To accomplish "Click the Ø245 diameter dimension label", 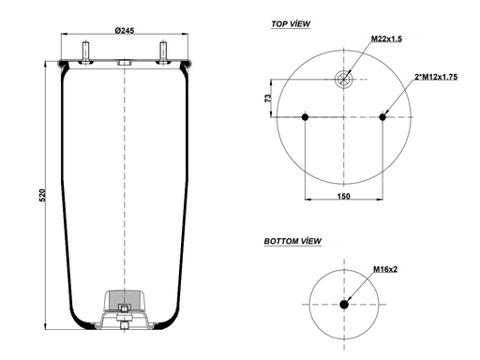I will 125,30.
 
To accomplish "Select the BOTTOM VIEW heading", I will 292,241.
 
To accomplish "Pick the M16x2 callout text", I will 385,269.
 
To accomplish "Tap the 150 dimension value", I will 345,196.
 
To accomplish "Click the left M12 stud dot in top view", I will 307,116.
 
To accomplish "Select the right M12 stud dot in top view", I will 383,116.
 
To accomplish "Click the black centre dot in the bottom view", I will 345,304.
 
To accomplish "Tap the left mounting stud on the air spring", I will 84,50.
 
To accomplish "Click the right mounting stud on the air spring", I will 163,50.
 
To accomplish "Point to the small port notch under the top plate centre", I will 124,65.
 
